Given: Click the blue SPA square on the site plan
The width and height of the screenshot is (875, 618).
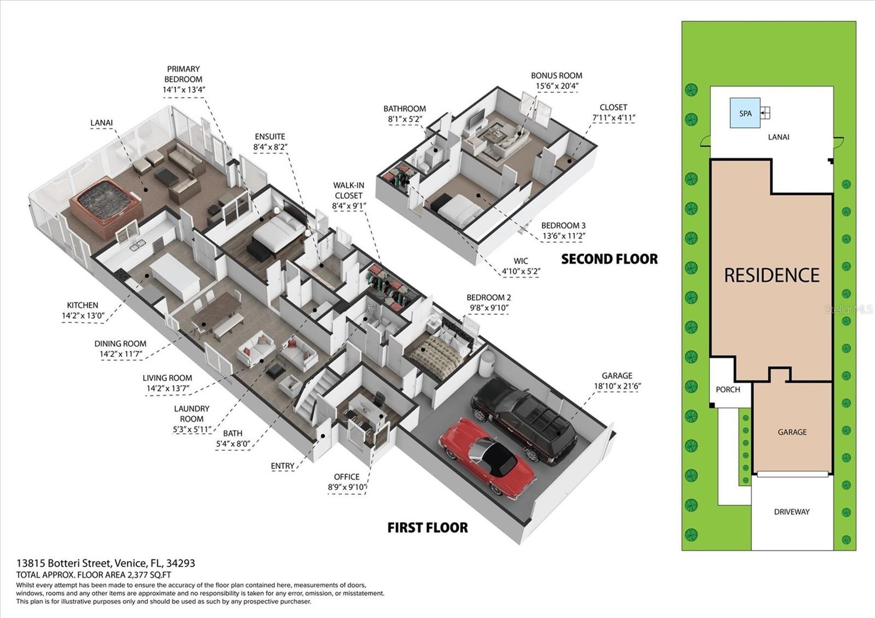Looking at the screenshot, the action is tap(745, 113).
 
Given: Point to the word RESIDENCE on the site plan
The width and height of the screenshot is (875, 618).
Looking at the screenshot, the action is tap(772, 275).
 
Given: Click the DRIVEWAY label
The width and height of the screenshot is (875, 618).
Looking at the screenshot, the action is tap(792, 512).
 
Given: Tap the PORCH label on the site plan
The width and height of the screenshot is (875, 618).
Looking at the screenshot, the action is tap(728, 389).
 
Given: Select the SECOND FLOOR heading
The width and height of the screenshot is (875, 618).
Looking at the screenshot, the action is tap(609, 259).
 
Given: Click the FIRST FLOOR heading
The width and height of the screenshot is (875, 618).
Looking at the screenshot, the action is tap(427, 528).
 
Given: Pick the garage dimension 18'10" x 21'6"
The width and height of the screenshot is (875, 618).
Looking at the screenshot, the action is tap(617, 386).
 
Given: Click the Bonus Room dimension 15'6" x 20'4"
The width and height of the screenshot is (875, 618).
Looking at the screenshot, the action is tap(556, 86).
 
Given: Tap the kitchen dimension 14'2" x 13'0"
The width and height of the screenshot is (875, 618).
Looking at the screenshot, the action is tap(83, 316).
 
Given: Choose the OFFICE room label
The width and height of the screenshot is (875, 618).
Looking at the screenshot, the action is tap(347, 477).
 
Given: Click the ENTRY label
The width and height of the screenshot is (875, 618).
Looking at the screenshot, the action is tap(282, 466).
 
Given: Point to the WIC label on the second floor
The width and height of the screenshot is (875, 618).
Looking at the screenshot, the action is tap(521, 261).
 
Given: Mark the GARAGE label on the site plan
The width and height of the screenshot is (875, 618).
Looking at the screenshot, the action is tap(792, 432).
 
